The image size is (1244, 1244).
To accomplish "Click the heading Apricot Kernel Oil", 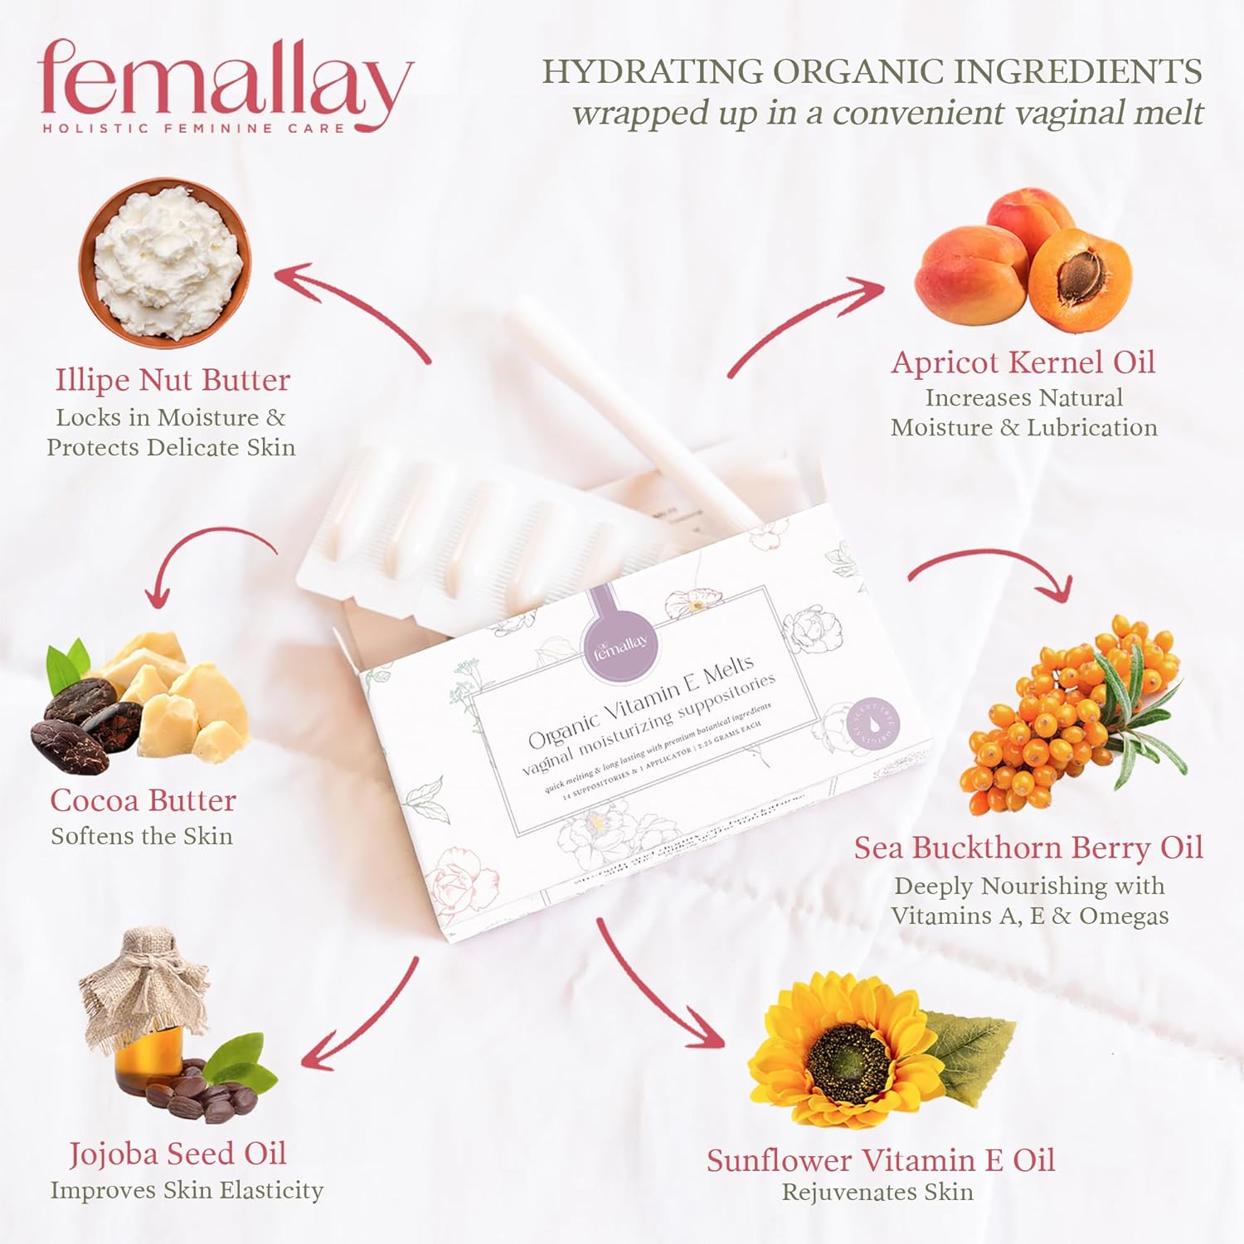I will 1023,362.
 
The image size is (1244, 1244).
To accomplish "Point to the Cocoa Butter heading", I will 143,800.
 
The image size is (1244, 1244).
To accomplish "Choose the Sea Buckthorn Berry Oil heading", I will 1028,848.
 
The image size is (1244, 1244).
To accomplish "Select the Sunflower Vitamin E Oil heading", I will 881,1160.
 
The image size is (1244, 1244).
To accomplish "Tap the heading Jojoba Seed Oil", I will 177,1154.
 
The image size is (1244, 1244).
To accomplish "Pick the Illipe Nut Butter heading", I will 173,380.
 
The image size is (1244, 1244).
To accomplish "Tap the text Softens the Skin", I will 142,836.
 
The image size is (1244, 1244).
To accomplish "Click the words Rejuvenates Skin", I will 877,1193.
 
